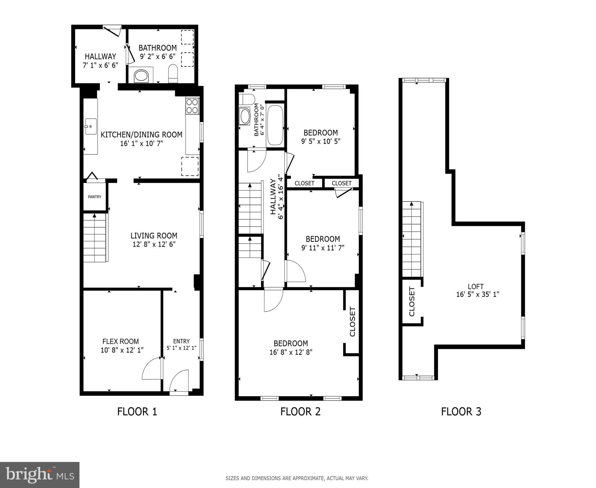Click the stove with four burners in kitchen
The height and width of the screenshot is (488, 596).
pos(192,106)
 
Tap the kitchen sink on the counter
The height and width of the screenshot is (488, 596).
pos(91,126)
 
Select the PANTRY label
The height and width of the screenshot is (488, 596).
pos(94,197)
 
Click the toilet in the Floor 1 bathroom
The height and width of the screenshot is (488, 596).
pos(173,73)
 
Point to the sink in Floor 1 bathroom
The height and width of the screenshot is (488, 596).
pos(141,76)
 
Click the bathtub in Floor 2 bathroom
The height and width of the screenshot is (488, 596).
pos(275,125)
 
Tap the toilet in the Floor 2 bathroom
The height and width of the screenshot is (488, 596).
pos(247,99)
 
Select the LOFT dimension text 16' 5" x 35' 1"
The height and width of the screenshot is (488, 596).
pos(477,294)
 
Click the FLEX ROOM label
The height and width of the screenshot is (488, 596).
pos(120,341)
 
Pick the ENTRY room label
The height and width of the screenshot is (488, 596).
pos(181,341)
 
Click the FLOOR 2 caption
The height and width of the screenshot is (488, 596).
pos(300,411)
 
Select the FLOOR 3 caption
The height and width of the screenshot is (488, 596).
pos(461,411)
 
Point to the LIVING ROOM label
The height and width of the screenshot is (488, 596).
pos(154,235)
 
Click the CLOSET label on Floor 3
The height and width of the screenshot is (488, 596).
pos(412,302)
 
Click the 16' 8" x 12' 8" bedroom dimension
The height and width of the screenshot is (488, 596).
pos(291,352)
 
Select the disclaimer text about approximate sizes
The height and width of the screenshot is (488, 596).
pos(297,478)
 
